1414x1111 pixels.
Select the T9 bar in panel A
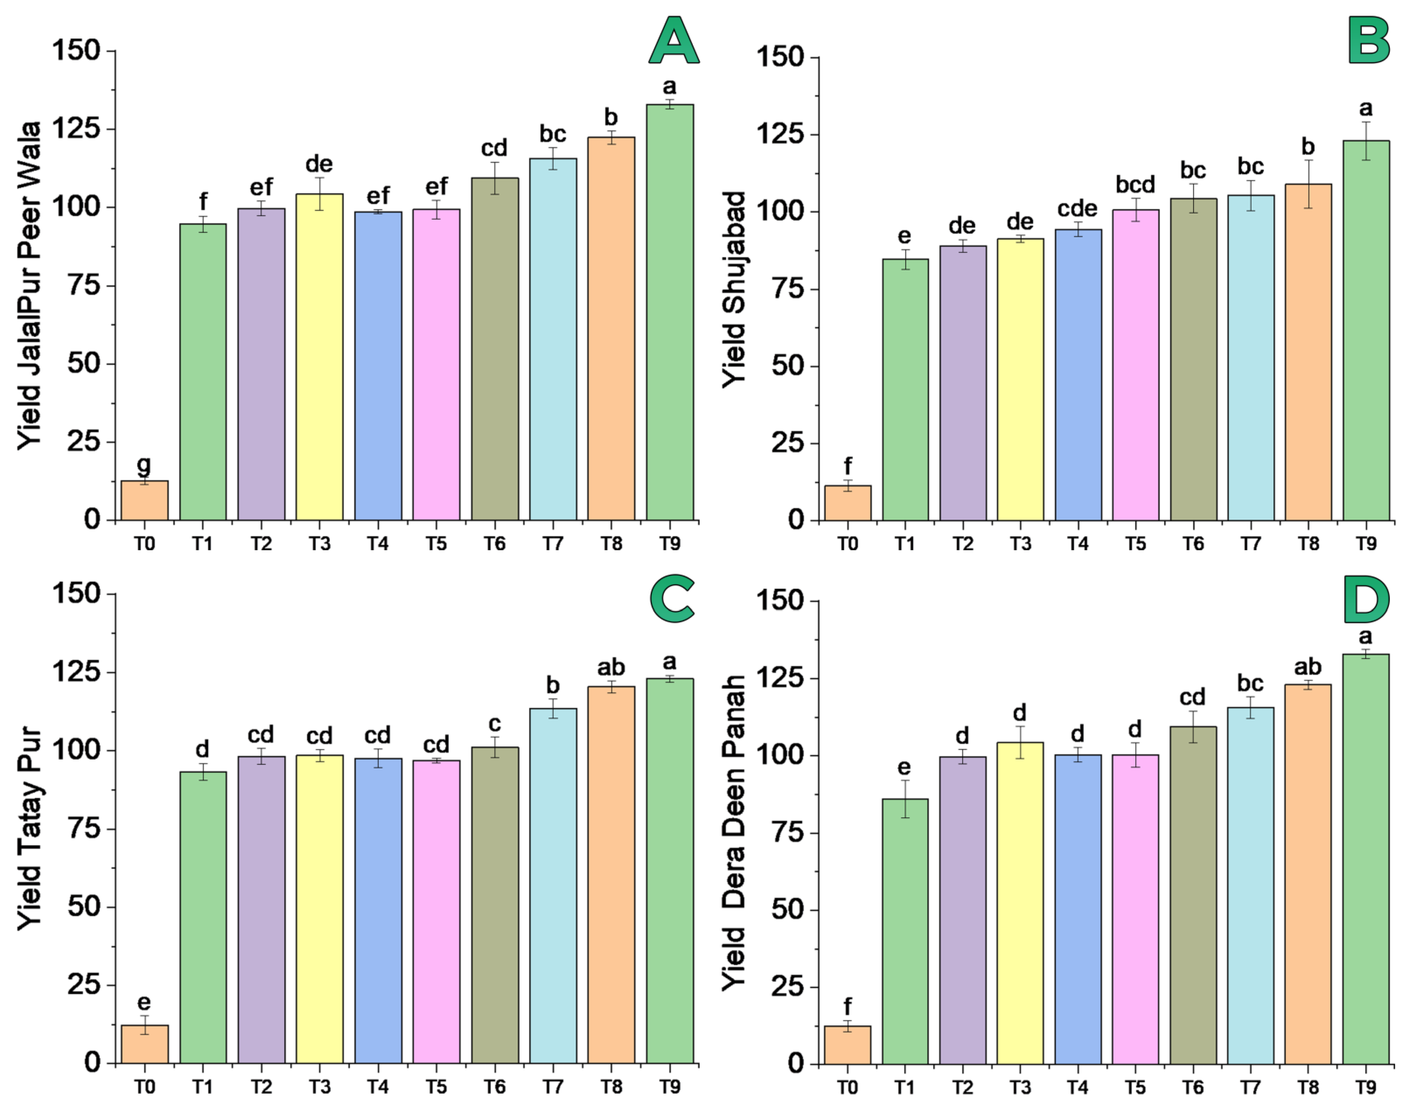point(670,312)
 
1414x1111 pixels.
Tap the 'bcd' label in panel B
point(1135,185)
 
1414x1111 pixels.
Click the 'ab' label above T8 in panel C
point(611,667)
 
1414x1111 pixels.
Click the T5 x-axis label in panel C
point(436,1086)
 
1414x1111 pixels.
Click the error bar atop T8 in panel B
point(1308,184)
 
